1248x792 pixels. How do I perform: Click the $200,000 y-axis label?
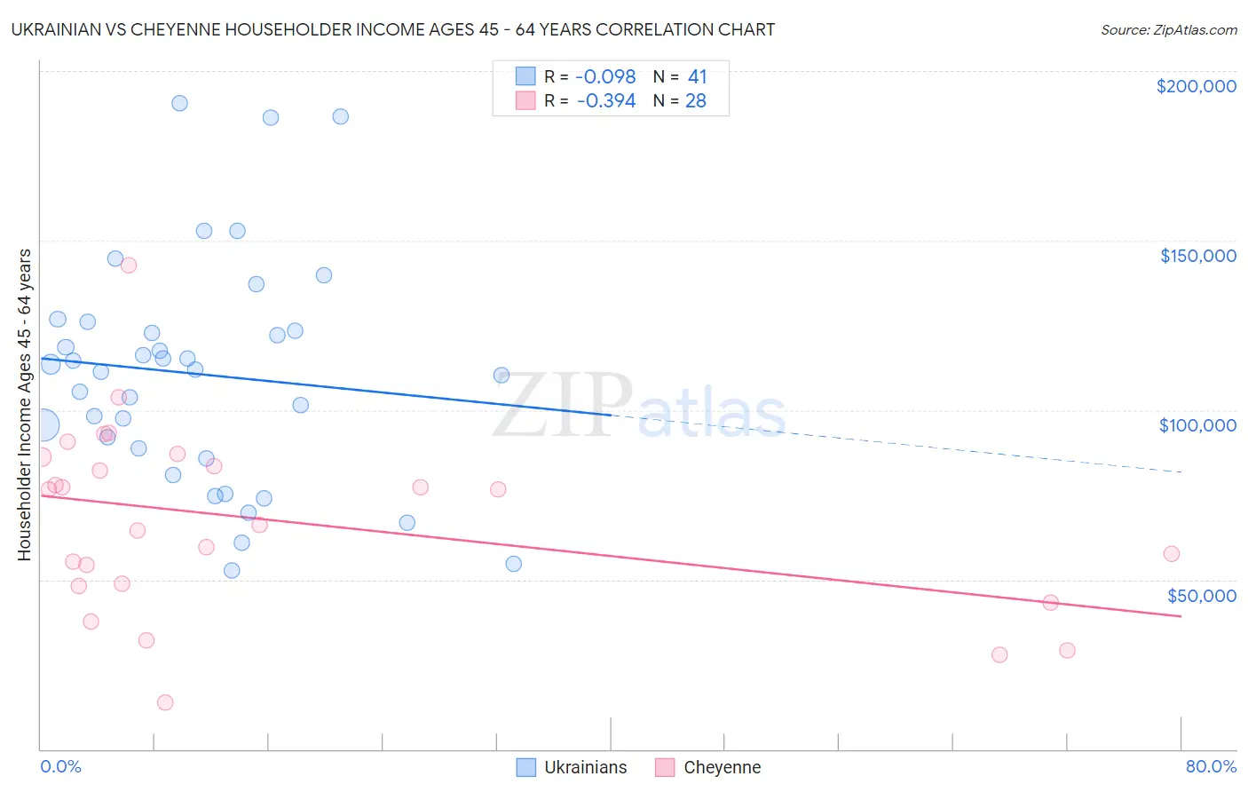pos(1196,86)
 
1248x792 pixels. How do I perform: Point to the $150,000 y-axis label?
pos(1197,256)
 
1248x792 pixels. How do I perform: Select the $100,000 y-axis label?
pos(1197,425)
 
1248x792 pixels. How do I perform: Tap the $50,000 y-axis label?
pos(1201,596)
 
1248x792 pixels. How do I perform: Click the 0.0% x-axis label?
pos(60,766)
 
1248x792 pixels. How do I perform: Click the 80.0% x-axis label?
pos(1211,766)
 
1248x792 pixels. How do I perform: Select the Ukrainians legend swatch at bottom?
pos(526,767)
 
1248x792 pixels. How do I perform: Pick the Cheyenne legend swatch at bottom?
pos(665,767)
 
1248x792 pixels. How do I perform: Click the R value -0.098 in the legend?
pos(606,77)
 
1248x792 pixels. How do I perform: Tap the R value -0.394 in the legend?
pos(606,101)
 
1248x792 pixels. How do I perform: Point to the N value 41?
pos(697,77)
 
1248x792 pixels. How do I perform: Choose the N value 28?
pos(696,101)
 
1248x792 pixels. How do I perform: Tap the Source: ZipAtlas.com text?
pos(1168,30)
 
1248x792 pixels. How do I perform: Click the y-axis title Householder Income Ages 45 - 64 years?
pos(25,405)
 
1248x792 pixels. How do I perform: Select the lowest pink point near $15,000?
pos(165,702)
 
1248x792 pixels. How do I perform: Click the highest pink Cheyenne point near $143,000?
pos(129,265)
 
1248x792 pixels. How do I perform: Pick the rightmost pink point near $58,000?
pos(1171,554)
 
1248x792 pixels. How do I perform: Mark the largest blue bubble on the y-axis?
pos(42,425)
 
